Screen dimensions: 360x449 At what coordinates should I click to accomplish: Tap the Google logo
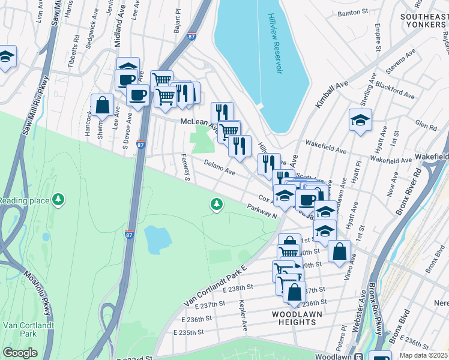click(x=20, y=353)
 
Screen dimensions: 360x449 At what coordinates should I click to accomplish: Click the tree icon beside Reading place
click(x=58, y=199)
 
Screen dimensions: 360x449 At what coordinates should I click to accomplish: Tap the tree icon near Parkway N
click(x=216, y=205)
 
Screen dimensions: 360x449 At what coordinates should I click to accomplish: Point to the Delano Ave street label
click(x=219, y=167)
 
